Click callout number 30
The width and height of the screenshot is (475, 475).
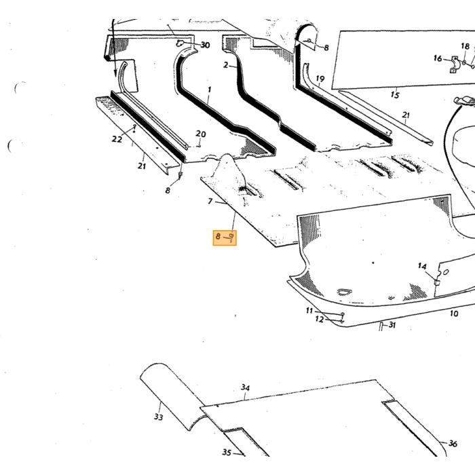click(x=205, y=45)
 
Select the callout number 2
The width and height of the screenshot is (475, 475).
click(x=226, y=65)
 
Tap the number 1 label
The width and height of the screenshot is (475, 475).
click(x=209, y=90)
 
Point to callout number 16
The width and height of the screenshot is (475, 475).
click(x=438, y=58)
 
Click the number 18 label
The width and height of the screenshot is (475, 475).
click(x=465, y=46)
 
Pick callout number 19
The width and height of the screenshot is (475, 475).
click(x=320, y=79)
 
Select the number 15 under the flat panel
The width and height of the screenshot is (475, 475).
click(x=395, y=95)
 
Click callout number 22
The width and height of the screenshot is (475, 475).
click(x=117, y=139)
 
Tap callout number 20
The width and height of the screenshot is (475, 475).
click(x=201, y=134)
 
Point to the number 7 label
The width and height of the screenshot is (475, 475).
click(x=210, y=201)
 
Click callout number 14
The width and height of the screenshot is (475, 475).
click(x=422, y=266)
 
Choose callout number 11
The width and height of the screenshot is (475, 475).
click(x=309, y=311)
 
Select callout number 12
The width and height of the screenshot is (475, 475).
click(x=320, y=320)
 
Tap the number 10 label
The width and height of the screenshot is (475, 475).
click(x=454, y=313)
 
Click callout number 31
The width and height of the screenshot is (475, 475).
click(x=392, y=325)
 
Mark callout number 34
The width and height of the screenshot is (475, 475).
click(x=246, y=387)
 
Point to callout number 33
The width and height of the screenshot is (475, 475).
click(x=158, y=417)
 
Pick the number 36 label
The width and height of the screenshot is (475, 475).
click(x=453, y=444)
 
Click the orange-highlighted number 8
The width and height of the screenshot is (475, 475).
click(x=218, y=236)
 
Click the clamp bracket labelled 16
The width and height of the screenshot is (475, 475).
click(x=455, y=64)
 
